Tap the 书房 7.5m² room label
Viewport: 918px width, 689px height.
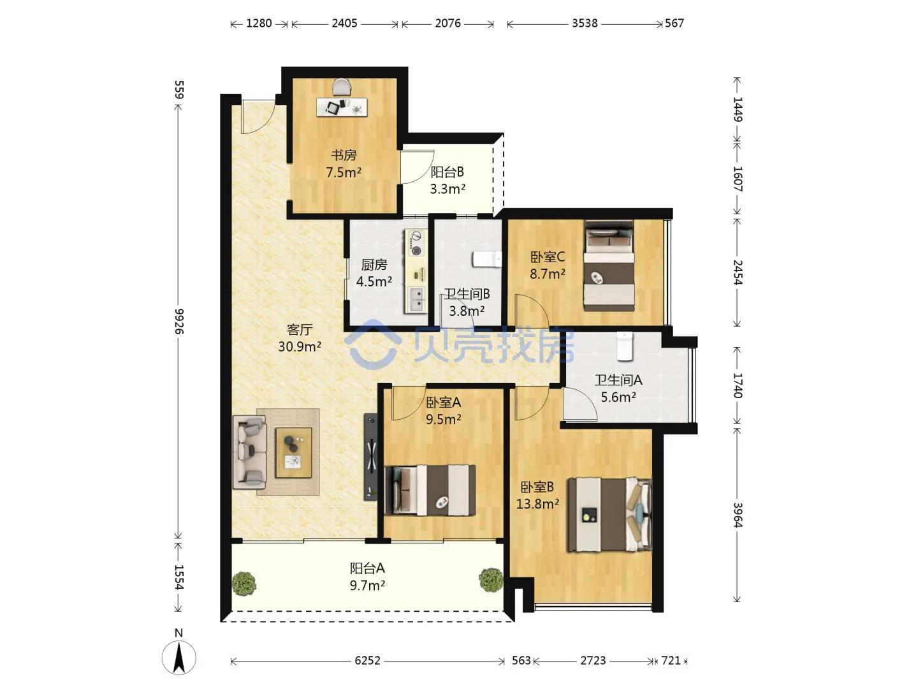click(344, 163)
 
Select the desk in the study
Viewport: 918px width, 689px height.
click(342, 107)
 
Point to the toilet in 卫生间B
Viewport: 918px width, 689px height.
click(487, 259)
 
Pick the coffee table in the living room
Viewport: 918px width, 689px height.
click(294, 452)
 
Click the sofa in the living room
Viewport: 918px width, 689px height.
click(250, 452)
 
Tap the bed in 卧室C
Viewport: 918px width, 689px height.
click(609, 266)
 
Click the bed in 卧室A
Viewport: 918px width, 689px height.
click(430, 490)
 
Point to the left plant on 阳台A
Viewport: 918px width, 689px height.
click(244, 582)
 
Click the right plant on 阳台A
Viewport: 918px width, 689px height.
click(491, 581)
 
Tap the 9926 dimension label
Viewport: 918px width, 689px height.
click(179, 322)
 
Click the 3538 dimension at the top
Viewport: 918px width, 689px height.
click(585, 24)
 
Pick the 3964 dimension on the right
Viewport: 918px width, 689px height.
click(738, 515)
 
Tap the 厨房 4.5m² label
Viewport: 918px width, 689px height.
click(374, 273)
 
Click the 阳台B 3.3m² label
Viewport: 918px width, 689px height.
click(448, 181)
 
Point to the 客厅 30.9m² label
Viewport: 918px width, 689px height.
click(300, 338)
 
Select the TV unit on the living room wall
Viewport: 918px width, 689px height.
click(370, 457)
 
